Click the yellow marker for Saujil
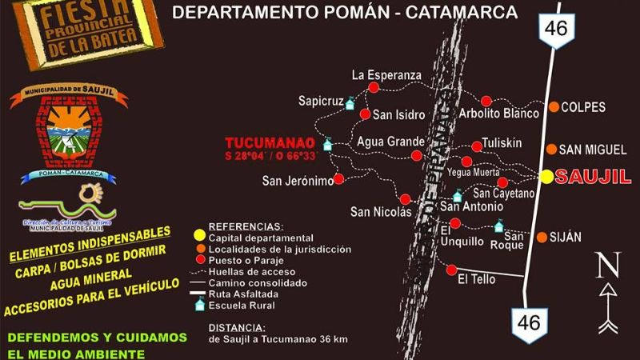click(x=546, y=177)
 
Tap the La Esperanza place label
click(x=386, y=75)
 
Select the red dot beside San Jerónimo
click(x=339, y=179)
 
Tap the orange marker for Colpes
click(x=554, y=107)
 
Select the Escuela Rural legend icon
click(x=199, y=305)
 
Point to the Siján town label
click(x=566, y=238)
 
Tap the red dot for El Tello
click(x=452, y=269)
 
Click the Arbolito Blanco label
click(x=499, y=114)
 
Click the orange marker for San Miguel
click(x=551, y=149)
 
